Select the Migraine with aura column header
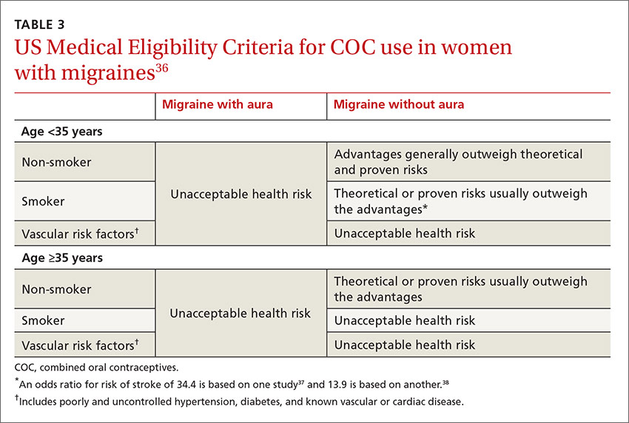pos(218,104)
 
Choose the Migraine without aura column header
pos(399,104)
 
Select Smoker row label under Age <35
pos(44,201)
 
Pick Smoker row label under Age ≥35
pos(44,321)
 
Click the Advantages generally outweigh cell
pos(458,162)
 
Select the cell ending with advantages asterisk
pos(460,201)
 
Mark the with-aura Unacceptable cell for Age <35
pos(240,194)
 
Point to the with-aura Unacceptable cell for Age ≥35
pos(240,314)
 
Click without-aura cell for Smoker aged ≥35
pos(405,321)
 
